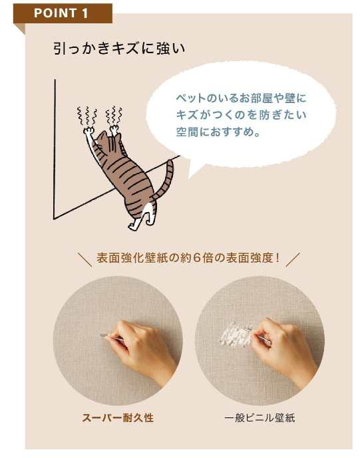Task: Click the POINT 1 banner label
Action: [x=61, y=13]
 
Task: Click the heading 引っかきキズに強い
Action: [x=119, y=49]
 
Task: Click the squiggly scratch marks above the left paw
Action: [x=87, y=115]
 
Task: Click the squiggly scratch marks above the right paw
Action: [x=114, y=114]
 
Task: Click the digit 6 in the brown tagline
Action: [x=196, y=258]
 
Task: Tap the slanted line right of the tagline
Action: [x=293, y=260]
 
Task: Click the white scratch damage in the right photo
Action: [x=236, y=334]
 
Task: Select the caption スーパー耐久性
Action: [x=118, y=417]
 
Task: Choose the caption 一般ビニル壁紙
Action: [x=260, y=417]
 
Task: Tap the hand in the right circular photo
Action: [x=281, y=348]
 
